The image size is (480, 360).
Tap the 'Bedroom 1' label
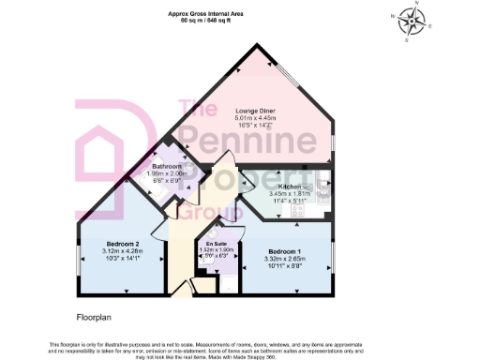[x=286, y=251]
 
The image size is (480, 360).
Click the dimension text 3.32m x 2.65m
[x=286, y=259]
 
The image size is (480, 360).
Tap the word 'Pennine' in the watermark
[x=246, y=143]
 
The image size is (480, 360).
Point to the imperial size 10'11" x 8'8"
[x=286, y=266]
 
